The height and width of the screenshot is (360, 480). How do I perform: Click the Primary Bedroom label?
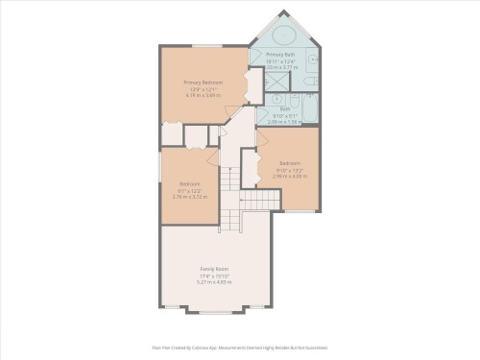(203, 84)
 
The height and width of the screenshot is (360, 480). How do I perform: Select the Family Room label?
(214, 268)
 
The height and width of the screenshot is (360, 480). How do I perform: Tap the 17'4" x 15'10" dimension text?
(214, 276)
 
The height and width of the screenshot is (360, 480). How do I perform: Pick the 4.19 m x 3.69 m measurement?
(203, 96)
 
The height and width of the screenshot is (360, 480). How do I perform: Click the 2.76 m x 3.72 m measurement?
(190, 196)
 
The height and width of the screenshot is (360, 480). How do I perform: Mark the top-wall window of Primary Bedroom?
(204, 44)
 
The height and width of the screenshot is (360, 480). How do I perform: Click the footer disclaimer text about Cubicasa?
(240, 348)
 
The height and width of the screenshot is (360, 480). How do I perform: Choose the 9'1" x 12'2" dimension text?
(190, 190)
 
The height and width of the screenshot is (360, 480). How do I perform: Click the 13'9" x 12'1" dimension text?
(203, 90)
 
